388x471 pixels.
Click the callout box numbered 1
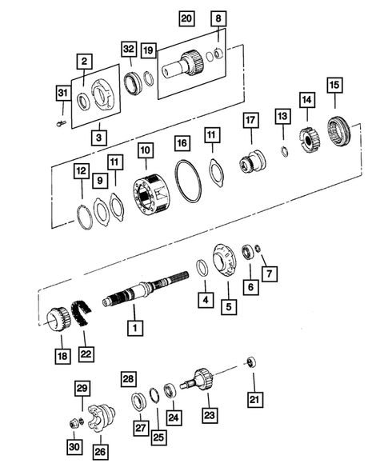point(136,327)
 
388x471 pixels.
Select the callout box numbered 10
point(145,149)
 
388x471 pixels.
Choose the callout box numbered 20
point(186,18)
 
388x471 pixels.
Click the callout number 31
point(62,95)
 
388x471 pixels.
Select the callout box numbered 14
point(306,99)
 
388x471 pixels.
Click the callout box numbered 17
point(250,122)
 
